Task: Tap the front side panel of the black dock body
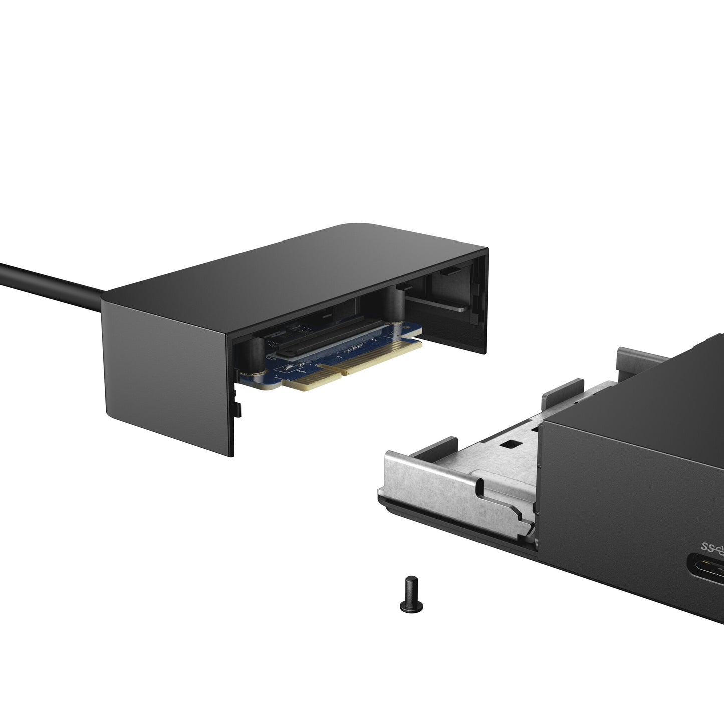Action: pos(626,501)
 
